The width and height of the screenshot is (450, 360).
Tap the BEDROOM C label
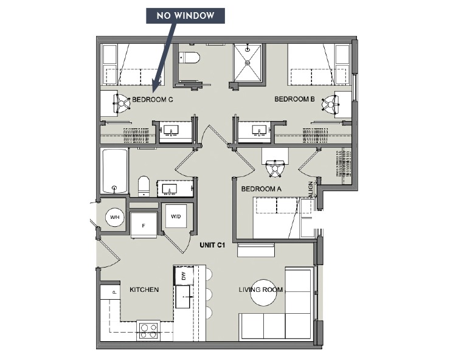point(153,99)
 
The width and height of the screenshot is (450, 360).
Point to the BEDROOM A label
point(261,189)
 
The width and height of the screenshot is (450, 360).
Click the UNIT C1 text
point(213,245)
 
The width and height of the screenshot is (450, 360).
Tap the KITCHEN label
point(144,289)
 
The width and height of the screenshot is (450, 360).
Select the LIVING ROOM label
point(261,289)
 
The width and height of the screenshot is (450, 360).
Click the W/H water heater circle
point(114,216)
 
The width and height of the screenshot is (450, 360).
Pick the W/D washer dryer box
point(176,216)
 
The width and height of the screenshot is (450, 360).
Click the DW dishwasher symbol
point(182,275)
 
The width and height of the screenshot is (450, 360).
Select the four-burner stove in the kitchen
point(148,330)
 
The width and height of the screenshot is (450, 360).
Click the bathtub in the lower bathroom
point(115,171)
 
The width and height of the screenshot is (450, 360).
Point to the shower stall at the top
point(248,62)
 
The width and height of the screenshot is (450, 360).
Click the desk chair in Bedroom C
point(122,105)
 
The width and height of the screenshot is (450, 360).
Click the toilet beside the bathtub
point(144,185)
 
